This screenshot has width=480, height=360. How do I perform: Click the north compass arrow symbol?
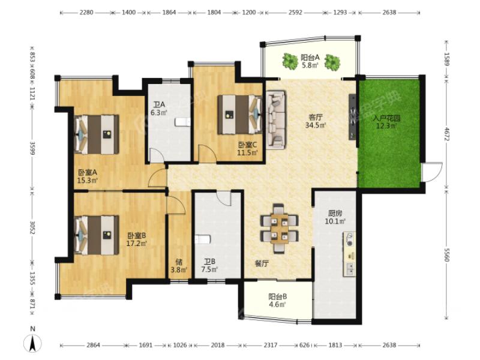point(33,343)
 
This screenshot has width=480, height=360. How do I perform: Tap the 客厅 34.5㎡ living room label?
point(316,121)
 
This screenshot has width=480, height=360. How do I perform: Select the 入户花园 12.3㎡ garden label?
point(386,122)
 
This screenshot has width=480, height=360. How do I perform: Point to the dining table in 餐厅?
point(279,229)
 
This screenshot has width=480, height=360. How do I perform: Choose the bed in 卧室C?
point(240,115)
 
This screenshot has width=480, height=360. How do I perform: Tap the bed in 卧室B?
point(97,235)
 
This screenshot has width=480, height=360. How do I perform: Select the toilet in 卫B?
point(203,239)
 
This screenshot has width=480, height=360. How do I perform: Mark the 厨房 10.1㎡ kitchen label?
point(335,217)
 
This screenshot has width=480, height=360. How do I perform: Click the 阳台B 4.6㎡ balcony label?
point(277,301)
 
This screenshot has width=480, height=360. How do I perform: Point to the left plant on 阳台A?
point(290,61)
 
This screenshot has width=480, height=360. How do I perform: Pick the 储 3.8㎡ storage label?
point(179,266)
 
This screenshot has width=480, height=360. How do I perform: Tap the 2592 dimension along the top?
point(295,13)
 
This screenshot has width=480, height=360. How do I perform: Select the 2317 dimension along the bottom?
point(271,345)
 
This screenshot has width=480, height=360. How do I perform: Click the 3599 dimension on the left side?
point(32,148)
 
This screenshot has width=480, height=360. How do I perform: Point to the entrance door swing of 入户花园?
point(432,172)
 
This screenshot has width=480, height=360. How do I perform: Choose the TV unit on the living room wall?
point(352,116)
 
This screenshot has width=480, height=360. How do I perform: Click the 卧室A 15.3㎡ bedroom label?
point(88,176)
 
